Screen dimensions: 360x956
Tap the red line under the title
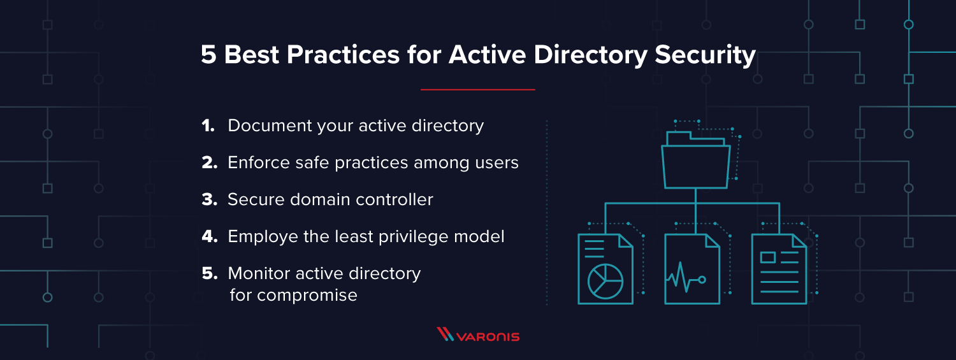(x=477, y=90)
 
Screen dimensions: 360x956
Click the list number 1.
(x=208, y=126)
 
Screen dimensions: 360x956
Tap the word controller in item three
(x=395, y=200)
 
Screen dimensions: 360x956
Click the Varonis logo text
(x=489, y=336)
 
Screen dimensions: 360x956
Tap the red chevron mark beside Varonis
(x=444, y=334)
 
